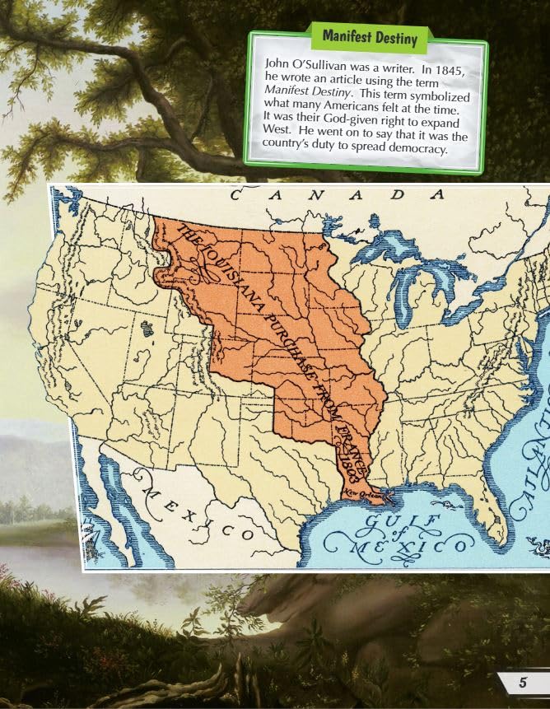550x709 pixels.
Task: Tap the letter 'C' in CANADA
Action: (235, 195)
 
